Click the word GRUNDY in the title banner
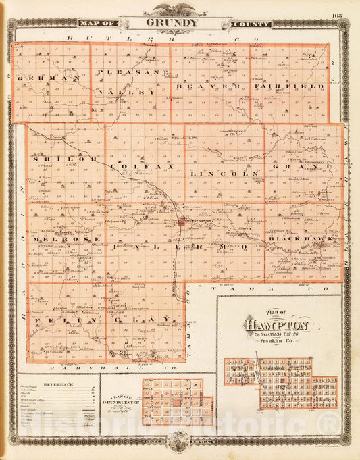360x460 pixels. (172, 22)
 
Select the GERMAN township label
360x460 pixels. (49, 79)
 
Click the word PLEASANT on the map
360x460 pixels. (132, 72)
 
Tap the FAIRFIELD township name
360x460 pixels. (290, 86)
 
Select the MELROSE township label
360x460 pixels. (62, 239)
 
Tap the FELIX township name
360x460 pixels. (53, 319)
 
